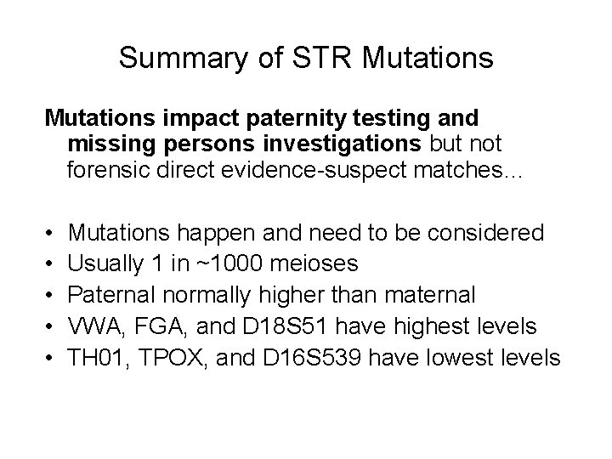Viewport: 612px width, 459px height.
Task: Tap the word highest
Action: (433, 326)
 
